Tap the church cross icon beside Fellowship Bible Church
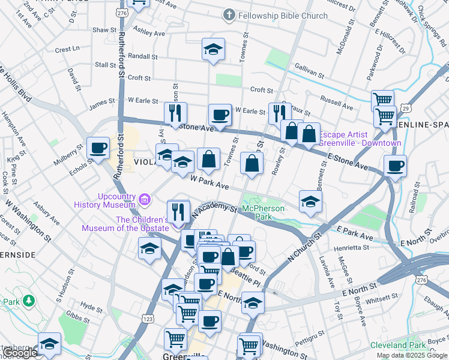(x=229, y=15)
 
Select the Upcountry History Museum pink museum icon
(x=144, y=199)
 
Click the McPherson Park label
(x=262, y=212)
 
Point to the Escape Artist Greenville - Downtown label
(x=360, y=139)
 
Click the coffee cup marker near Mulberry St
(x=98, y=148)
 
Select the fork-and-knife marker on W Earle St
(x=175, y=112)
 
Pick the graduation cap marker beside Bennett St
(x=310, y=202)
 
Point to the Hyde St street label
(x=91, y=307)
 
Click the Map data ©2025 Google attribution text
(x=411, y=355)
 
